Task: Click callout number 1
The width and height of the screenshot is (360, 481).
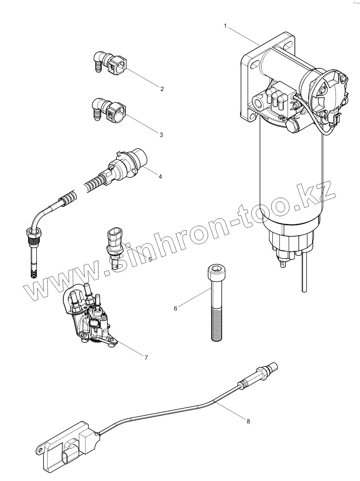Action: (226, 25)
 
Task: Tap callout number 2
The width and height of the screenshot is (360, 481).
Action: (162, 89)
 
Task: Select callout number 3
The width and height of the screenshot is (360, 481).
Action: (161, 135)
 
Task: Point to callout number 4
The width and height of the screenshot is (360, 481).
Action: (160, 176)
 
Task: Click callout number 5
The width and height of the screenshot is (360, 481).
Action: (150, 259)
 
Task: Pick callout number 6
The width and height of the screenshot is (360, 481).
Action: (175, 309)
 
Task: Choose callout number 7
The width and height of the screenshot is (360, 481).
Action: (146, 358)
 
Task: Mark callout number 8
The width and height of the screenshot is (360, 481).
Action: (248, 421)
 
